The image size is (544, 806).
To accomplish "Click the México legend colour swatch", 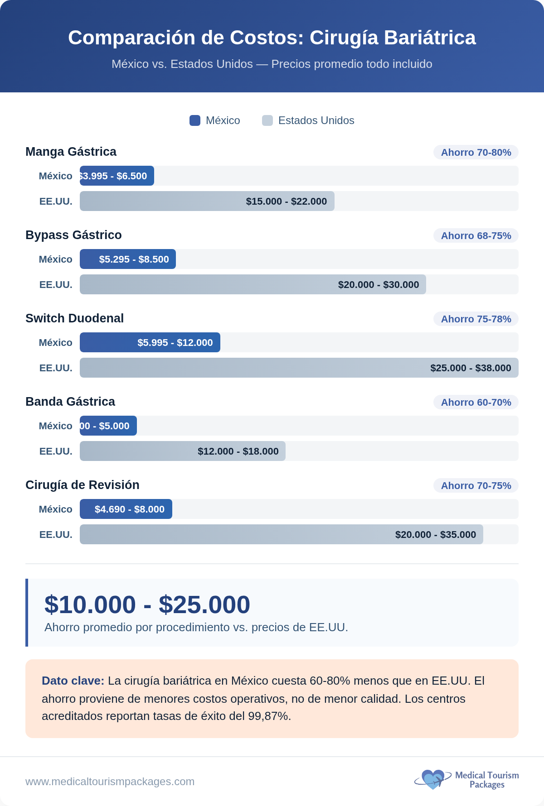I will [x=195, y=120].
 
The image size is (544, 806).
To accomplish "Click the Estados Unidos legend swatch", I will [x=267, y=120].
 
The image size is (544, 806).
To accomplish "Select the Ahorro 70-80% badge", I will [x=476, y=152].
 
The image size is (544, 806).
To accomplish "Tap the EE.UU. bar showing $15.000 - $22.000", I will [x=207, y=201].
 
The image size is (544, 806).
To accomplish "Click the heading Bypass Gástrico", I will [x=73, y=235].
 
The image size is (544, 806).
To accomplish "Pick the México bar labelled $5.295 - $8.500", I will [x=128, y=259].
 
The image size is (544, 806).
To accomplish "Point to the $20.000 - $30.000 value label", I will [x=378, y=285].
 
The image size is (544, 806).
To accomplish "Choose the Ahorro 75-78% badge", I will [x=476, y=319].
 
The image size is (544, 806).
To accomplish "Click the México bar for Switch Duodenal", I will [x=150, y=342].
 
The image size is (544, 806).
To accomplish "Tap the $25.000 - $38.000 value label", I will [x=471, y=368].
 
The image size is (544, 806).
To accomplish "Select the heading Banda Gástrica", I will [x=70, y=402].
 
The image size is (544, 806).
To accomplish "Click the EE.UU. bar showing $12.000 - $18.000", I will [x=183, y=451].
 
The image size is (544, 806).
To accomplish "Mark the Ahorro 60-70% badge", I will [x=476, y=402].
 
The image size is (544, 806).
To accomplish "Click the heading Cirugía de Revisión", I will [x=83, y=485].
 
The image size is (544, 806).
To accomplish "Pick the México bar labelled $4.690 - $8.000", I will [x=126, y=509].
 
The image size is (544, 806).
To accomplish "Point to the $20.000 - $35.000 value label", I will [x=435, y=535].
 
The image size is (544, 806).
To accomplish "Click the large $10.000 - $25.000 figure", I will [x=147, y=604].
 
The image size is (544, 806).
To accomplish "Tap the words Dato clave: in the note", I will [x=73, y=681].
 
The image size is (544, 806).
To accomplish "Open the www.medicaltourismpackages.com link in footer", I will [x=110, y=782].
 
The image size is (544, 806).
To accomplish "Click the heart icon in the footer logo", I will [x=432, y=779].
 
